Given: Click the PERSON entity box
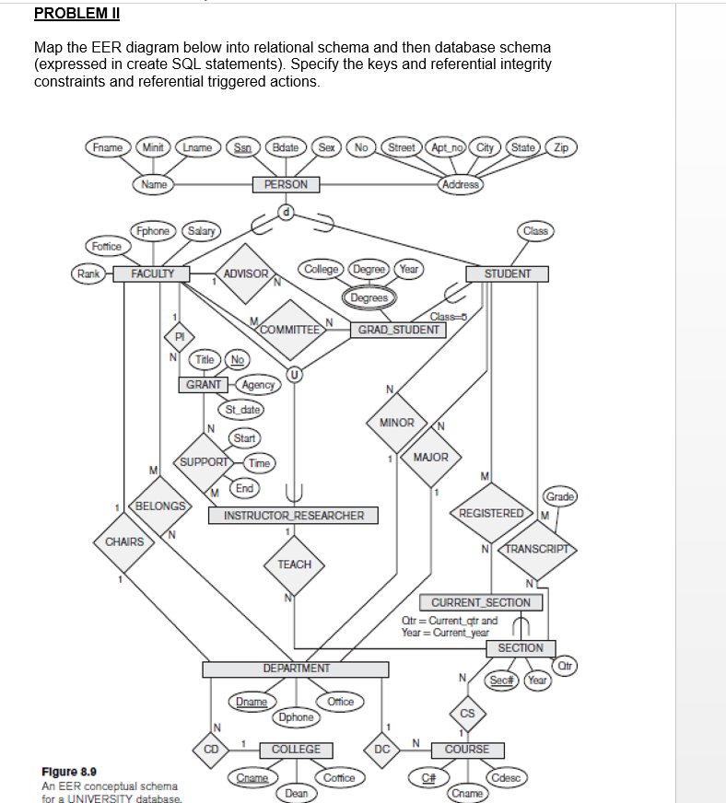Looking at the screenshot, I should pyautogui.click(x=286, y=184).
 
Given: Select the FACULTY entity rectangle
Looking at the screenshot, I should pyautogui.click(x=151, y=273).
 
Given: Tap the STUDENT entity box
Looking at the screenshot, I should pyautogui.click(x=507, y=273).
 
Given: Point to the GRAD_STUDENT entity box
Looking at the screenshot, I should pyautogui.click(x=398, y=329).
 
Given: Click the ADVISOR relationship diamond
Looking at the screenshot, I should pyautogui.click(x=246, y=273).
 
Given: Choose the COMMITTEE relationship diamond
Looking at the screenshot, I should pyautogui.click(x=290, y=329).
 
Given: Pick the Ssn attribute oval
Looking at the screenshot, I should pyautogui.click(x=243, y=147).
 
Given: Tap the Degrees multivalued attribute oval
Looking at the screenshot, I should pyautogui.click(x=369, y=297).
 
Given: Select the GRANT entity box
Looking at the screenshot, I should pyautogui.click(x=204, y=384).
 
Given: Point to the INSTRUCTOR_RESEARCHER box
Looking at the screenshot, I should pyautogui.click(x=294, y=516).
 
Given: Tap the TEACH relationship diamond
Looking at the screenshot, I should pyautogui.click(x=294, y=564).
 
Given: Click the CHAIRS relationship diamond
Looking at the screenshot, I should pyautogui.click(x=124, y=541).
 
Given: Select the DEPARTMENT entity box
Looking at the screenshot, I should pyautogui.click(x=296, y=668).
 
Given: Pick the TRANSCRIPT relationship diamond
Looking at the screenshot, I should pyautogui.click(x=535, y=548).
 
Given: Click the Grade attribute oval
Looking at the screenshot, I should pyautogui.click(x=560, y=496).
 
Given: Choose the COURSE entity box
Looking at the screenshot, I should pyautogui.click(x=467, y=749).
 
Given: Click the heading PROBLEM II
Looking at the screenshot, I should pyautogui.click(x=76, y=14).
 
